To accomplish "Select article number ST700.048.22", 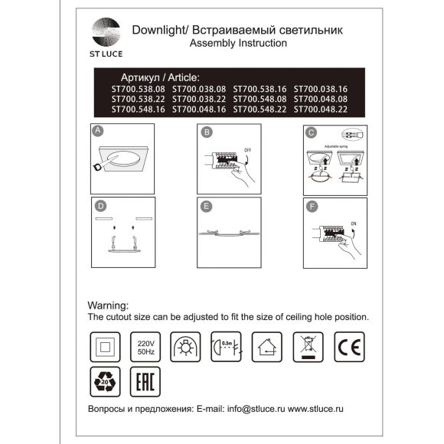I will (320, 109).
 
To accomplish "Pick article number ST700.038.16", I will (320, 89).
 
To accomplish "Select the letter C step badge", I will (311, 132).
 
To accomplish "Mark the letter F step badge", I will (311, 205).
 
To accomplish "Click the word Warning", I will (113, 304).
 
